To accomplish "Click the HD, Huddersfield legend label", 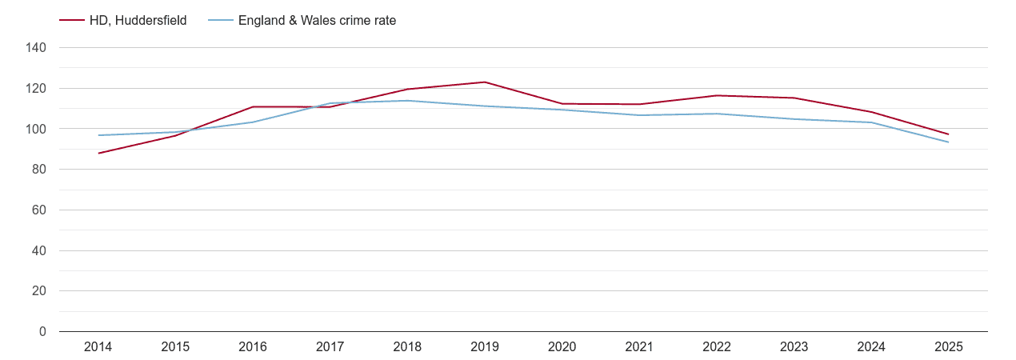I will click(138, 21).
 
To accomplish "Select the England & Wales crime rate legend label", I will click(317, 21).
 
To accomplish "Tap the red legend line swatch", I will click(72, 21).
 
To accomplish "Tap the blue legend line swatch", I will click(220, 21).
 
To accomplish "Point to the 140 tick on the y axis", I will click(36, 48).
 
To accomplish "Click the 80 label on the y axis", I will click(39, 170).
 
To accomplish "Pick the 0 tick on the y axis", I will click(42, 332).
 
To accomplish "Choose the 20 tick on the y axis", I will click(39, 291).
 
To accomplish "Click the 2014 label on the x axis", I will click(98, 347).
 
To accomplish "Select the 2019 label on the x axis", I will click(485, 347).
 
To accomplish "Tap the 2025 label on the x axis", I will click(949, 347).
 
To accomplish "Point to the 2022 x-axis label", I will click(717, 347).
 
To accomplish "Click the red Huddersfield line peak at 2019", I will click(485, 82).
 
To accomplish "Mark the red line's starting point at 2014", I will click(98, 153).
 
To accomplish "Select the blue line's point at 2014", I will click(98, 135).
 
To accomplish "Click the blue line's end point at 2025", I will click(949, 142).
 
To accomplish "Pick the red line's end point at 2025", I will click(949, 134).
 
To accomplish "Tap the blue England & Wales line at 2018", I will click(407, 101).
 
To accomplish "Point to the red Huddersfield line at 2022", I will click(717, 95).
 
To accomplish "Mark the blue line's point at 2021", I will click(639, 115).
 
